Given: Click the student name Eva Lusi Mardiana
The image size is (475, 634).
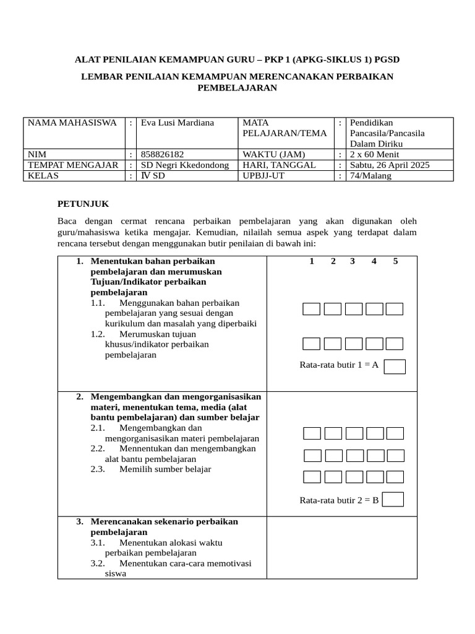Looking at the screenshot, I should point(177,123).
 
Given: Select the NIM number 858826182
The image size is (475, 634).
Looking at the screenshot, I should point(163,154).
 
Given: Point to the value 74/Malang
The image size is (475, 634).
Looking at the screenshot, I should point(370,175).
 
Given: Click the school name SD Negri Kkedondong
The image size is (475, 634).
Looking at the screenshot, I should point(184,165).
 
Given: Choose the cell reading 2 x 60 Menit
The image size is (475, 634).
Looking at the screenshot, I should point(374,154).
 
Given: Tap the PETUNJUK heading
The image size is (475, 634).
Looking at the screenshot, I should point(83,203).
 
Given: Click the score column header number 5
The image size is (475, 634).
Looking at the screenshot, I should point(395,261).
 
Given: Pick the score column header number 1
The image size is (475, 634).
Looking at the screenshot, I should point(312,261).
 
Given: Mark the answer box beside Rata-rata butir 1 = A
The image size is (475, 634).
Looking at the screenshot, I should point(395,367).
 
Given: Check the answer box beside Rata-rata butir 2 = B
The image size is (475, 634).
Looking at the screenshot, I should point(393,499).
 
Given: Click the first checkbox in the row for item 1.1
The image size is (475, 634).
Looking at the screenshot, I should point(312,309).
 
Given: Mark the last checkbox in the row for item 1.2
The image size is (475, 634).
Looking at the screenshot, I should point(395,344).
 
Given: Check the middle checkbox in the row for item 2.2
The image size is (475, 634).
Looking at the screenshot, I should point(354,456).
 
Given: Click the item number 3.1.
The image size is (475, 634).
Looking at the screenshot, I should point(98,542).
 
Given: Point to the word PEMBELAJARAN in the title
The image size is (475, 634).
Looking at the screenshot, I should point(237,88).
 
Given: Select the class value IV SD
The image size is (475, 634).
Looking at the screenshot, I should point(153,175).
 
